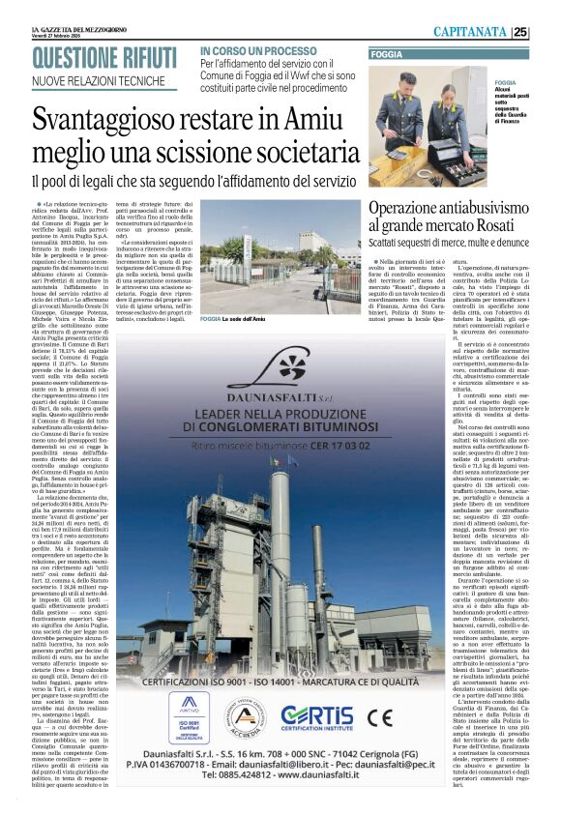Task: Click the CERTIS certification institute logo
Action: click(317, 716)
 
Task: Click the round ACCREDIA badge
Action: click(247, 717)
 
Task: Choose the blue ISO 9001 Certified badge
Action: click(188, 716)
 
